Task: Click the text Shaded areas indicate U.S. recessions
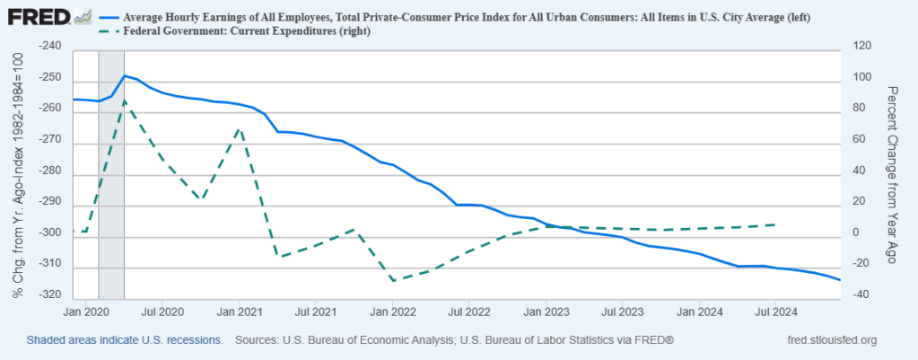point(125,340)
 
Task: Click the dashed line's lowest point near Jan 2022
point(393,280)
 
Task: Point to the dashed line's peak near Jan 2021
point(240,128)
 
